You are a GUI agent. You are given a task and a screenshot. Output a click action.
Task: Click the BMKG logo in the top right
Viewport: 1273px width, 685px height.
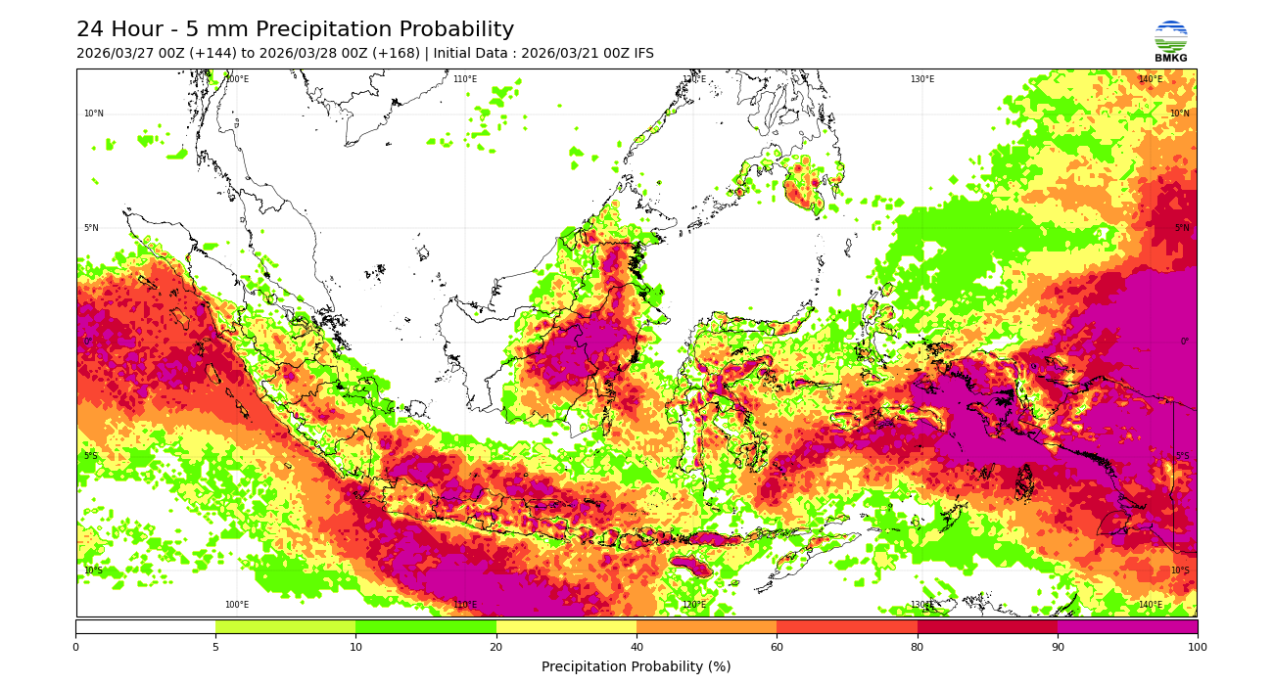tap(1170, 40)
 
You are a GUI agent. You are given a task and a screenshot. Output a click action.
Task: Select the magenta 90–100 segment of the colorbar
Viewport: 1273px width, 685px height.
tap(1126, 626)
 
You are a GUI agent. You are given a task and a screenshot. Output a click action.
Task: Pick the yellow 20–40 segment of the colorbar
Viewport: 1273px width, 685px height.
tap(566, 626)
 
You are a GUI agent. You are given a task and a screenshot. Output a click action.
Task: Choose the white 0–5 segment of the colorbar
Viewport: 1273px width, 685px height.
tap(145, 626)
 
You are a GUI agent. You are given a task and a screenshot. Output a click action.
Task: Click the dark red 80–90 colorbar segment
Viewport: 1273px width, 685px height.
tap(987, 626)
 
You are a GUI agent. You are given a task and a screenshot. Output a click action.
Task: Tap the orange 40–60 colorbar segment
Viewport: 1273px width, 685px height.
tap(706, 626)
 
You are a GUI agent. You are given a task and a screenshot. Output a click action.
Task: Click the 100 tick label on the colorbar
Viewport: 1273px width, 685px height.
tap(1197, 647)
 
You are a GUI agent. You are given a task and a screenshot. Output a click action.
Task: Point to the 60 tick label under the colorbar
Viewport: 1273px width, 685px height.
tap(777, 647)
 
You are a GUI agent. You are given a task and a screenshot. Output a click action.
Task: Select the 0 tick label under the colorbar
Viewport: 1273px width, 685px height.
tap(75, 647)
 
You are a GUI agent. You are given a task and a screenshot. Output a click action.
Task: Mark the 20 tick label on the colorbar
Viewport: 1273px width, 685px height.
tap(496, 647)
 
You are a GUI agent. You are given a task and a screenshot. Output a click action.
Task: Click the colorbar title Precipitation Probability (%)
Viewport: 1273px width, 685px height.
tap(636, 667)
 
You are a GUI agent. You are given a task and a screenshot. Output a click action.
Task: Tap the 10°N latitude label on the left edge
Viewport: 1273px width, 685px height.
tap(93, 114)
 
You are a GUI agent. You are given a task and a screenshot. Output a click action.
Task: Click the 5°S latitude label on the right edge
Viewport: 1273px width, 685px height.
tap(1182, 456)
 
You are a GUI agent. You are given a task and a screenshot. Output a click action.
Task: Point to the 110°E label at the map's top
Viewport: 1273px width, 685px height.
tap(465, 79)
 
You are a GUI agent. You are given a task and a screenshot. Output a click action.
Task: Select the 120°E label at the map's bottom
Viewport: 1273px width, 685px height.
tap(693, 605)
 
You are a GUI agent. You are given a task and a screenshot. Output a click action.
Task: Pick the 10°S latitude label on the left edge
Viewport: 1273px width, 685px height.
tap(93, 571)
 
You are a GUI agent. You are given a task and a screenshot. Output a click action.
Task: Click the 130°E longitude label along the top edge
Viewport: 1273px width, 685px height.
tap(922, 79)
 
